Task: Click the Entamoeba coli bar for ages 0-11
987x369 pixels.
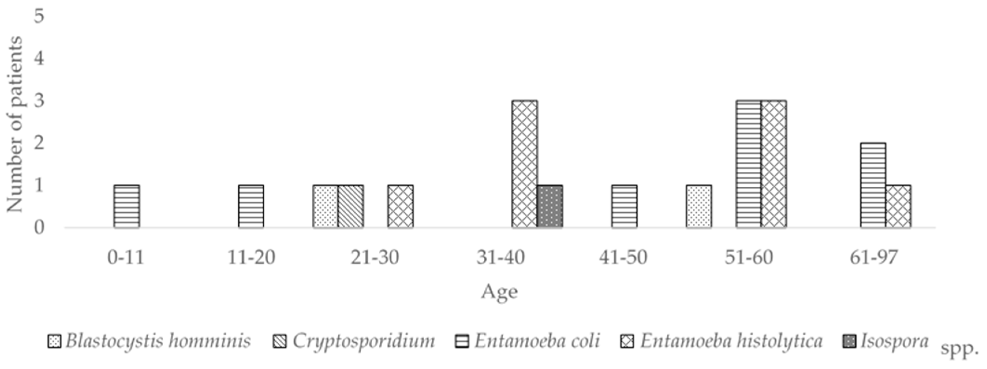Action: pyautogui.click(x=127, y=207)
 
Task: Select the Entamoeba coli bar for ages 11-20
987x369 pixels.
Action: pyautogui.click(x=251, y=207)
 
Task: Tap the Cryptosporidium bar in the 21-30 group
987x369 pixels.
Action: pyautogui.click(x=351, y=207)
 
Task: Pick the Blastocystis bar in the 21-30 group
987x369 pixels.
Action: pyautogui.click(x=325, y=207)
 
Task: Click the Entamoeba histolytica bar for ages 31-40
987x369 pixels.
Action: pyautogui.click(x=525, y=164)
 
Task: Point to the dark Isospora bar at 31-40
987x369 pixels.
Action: pyautogui.click(x=550, y=207)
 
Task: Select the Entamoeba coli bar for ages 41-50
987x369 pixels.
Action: pyautogui.click(x=625, y=207)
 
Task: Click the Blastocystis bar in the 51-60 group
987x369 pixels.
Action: pyautogui.click(x=699, y=207)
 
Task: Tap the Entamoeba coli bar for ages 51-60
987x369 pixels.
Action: pyautogui.click(x=748, y=164)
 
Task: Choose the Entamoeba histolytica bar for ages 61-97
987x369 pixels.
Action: pyautogui.click(x=898, y=207)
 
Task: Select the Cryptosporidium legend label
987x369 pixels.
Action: pyautogui.click(x=364, y=341)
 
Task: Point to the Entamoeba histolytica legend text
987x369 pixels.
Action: pyautogui.click(x=731, y=341)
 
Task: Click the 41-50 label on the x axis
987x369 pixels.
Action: pyautogui.click(x=623, y=257)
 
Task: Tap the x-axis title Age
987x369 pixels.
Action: pyautogui.click(x=499, y=292)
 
